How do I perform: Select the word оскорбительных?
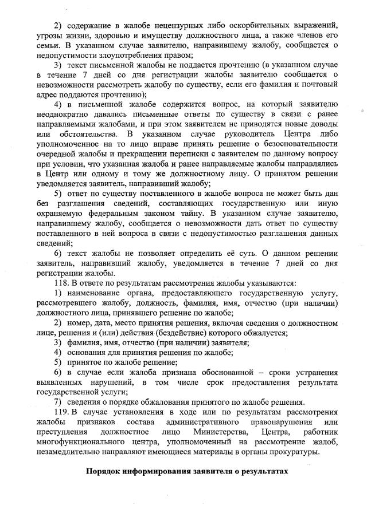255,27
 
